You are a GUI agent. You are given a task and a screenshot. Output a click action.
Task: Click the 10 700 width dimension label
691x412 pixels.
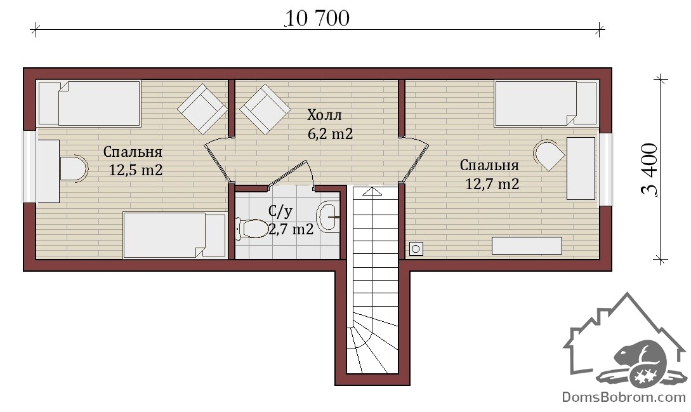(318, 18)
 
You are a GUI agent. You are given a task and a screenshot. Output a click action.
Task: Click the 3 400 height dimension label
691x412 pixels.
(650, 169)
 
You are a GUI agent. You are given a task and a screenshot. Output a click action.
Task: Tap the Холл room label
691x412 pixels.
(324, 116)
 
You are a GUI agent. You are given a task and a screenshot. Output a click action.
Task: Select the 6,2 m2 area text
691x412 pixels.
(330, 134)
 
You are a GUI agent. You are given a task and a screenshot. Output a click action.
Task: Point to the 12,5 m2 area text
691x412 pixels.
(136, 170)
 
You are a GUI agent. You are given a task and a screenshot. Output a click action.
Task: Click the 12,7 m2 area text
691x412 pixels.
(492, 184)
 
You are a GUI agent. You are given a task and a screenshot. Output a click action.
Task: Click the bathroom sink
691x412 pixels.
(328, 216)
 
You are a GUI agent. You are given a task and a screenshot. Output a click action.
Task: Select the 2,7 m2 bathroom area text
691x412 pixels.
(291, 229)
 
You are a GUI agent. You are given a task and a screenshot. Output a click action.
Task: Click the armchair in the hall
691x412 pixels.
(265, 109)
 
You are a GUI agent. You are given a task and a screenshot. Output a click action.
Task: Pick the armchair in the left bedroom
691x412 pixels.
(202, 109)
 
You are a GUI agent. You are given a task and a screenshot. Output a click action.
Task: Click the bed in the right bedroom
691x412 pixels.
(546, 103)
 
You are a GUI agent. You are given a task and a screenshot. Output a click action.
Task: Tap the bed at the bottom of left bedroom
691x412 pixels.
(174, 235)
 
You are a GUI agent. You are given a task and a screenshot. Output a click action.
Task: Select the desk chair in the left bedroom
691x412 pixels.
(74, 168)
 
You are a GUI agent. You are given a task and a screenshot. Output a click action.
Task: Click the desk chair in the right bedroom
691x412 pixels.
(548, 155)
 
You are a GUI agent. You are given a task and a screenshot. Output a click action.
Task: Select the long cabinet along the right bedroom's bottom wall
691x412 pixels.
(527, 246)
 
